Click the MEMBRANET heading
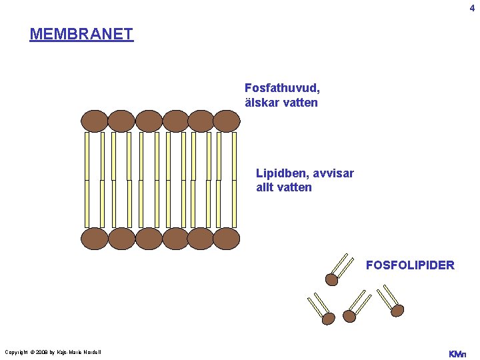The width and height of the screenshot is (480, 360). (81, 34)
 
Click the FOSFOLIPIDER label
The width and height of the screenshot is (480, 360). (410, 265)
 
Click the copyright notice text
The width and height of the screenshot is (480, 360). (53, 352)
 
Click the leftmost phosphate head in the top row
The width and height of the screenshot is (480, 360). (95, 121)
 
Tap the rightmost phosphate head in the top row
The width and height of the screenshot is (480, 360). (227, 121)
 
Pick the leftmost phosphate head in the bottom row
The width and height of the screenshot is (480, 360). (95, 238)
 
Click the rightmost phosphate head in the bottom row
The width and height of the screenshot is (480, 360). (227, 238)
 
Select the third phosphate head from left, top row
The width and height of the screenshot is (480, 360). (148, 121)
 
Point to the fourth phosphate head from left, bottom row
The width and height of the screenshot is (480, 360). (175, 238)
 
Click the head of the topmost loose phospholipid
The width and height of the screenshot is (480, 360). (331, 278)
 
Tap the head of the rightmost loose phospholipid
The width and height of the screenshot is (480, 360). (397, 310)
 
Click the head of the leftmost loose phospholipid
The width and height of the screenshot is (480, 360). (328, 319)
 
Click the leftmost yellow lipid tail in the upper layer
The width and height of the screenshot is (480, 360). (87, 156)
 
